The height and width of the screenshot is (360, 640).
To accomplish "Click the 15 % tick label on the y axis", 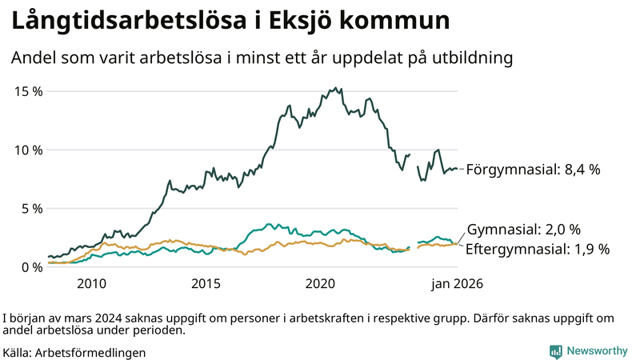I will click(29, 91).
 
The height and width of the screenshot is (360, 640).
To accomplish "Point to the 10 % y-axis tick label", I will click(29, 150).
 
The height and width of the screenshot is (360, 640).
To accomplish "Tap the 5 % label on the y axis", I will click(32, 209).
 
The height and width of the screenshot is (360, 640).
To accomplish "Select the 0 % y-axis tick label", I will click(32, 267).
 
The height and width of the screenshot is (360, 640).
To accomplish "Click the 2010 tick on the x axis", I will click(91, 284).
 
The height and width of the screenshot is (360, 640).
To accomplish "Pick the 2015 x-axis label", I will click(206, 284).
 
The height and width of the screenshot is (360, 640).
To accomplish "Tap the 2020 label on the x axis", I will click(320, 284).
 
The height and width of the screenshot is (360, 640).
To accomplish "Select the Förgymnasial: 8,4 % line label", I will click(532, 170).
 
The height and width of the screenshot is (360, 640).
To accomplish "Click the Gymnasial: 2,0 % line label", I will click(523, 229).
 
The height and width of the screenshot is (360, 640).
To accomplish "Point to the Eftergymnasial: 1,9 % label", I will click(537, 249).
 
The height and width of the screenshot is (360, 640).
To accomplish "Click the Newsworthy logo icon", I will click(555, 351).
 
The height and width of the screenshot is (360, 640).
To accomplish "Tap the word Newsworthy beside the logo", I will click(597, 351).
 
